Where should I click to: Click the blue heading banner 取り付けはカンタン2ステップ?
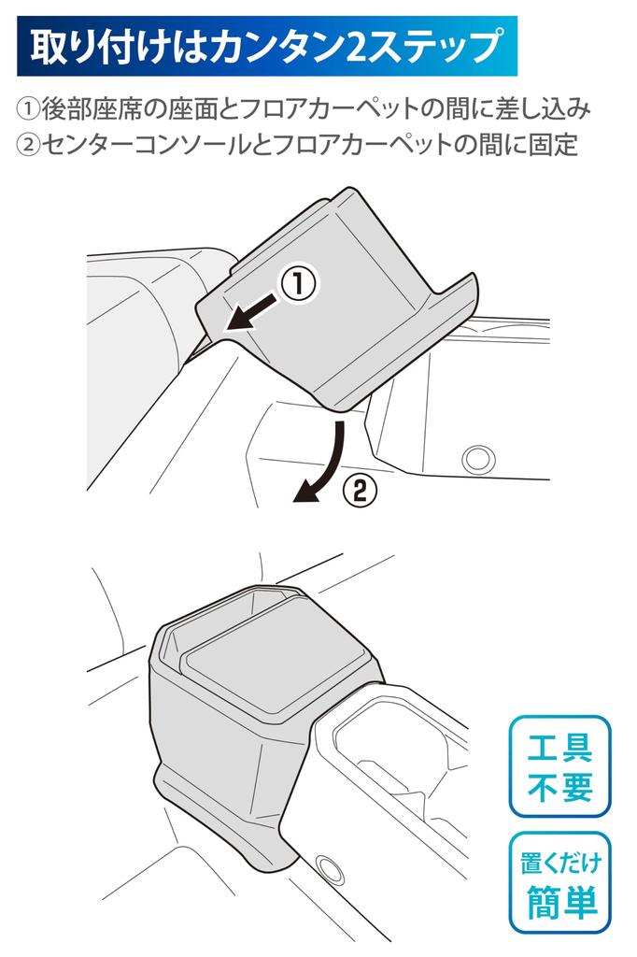266,47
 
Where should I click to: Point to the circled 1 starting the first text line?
27,110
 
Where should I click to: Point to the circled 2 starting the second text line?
27,145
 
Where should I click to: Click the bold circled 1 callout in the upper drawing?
298,284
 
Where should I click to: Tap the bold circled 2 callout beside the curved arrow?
360,490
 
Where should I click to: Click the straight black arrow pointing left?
251,311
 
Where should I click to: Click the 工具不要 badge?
560,766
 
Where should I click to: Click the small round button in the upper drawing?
478,458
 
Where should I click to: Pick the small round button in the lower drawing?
330,868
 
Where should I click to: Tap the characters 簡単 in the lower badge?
560,901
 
